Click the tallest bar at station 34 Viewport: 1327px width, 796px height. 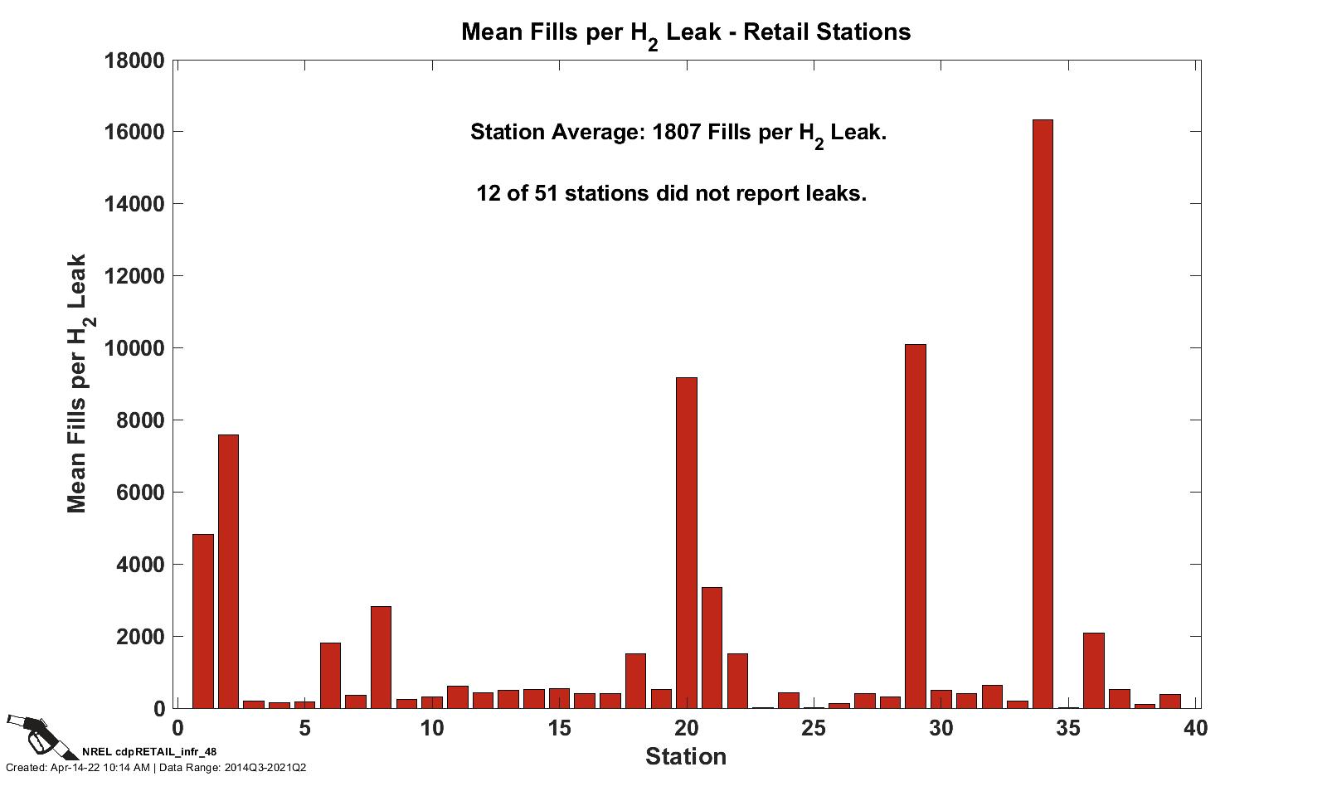[1043, 415]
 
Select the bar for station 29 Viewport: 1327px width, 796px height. [915, 527]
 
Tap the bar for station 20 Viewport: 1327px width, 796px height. [687, 543]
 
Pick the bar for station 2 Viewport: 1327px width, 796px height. [228, 572]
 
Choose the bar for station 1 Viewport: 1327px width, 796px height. [203, 622]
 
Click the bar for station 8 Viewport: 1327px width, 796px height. [381, 658]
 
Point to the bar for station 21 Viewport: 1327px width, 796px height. [712, 648]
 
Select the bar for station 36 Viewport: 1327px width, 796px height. [1093, 671]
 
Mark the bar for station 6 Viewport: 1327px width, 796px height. [330, 676]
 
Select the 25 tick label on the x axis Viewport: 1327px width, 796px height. [814, 729]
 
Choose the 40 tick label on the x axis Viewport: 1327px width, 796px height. [1195, 729]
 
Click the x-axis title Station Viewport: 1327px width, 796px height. [686, 757]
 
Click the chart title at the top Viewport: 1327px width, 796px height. [686, 33]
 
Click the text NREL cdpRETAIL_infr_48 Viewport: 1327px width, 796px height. [149, 751]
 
